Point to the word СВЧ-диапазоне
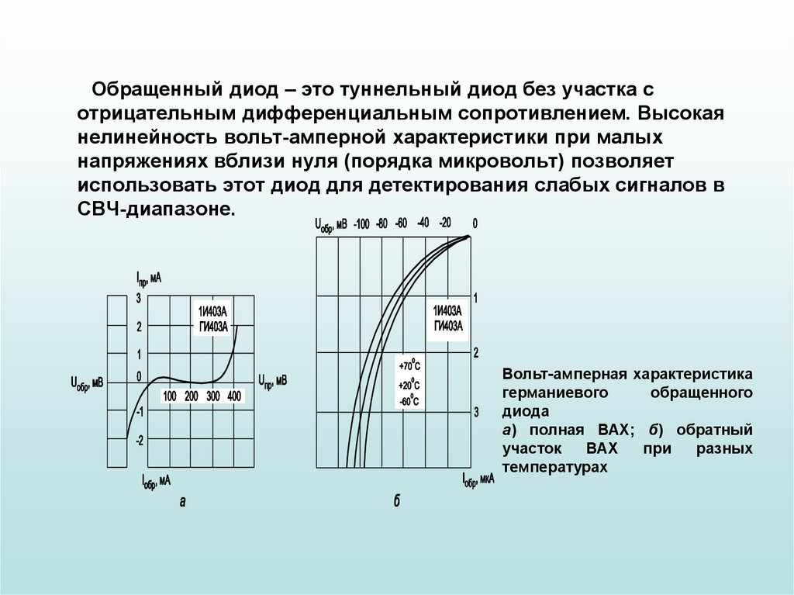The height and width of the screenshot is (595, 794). (155, 209)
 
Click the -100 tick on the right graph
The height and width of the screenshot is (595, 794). (361, 224)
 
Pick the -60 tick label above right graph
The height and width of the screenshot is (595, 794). (401, 223)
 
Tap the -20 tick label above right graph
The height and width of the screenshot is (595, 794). (444, 223)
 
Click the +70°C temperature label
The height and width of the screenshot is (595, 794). (409, 365)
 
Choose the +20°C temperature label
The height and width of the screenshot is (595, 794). (409, 384)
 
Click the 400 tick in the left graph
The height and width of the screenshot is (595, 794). (234, 396)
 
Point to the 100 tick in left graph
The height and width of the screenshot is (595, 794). (169, 396)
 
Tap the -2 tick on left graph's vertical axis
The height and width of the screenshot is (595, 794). (140, 441)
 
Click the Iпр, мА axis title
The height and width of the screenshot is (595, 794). (148, 278)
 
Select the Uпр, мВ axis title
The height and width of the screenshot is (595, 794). (272, 381)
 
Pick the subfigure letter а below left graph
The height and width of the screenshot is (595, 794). (183, 502)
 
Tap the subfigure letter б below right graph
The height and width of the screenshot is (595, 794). (396, 502)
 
